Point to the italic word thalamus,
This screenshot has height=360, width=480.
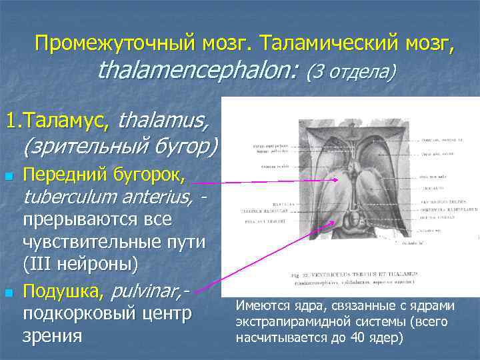[163, 121]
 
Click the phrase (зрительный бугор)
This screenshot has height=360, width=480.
[121, 145]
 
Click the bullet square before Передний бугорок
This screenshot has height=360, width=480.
[8, 177]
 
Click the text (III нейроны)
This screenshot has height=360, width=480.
[81, 265]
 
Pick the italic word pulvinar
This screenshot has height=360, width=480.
[146, 290]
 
